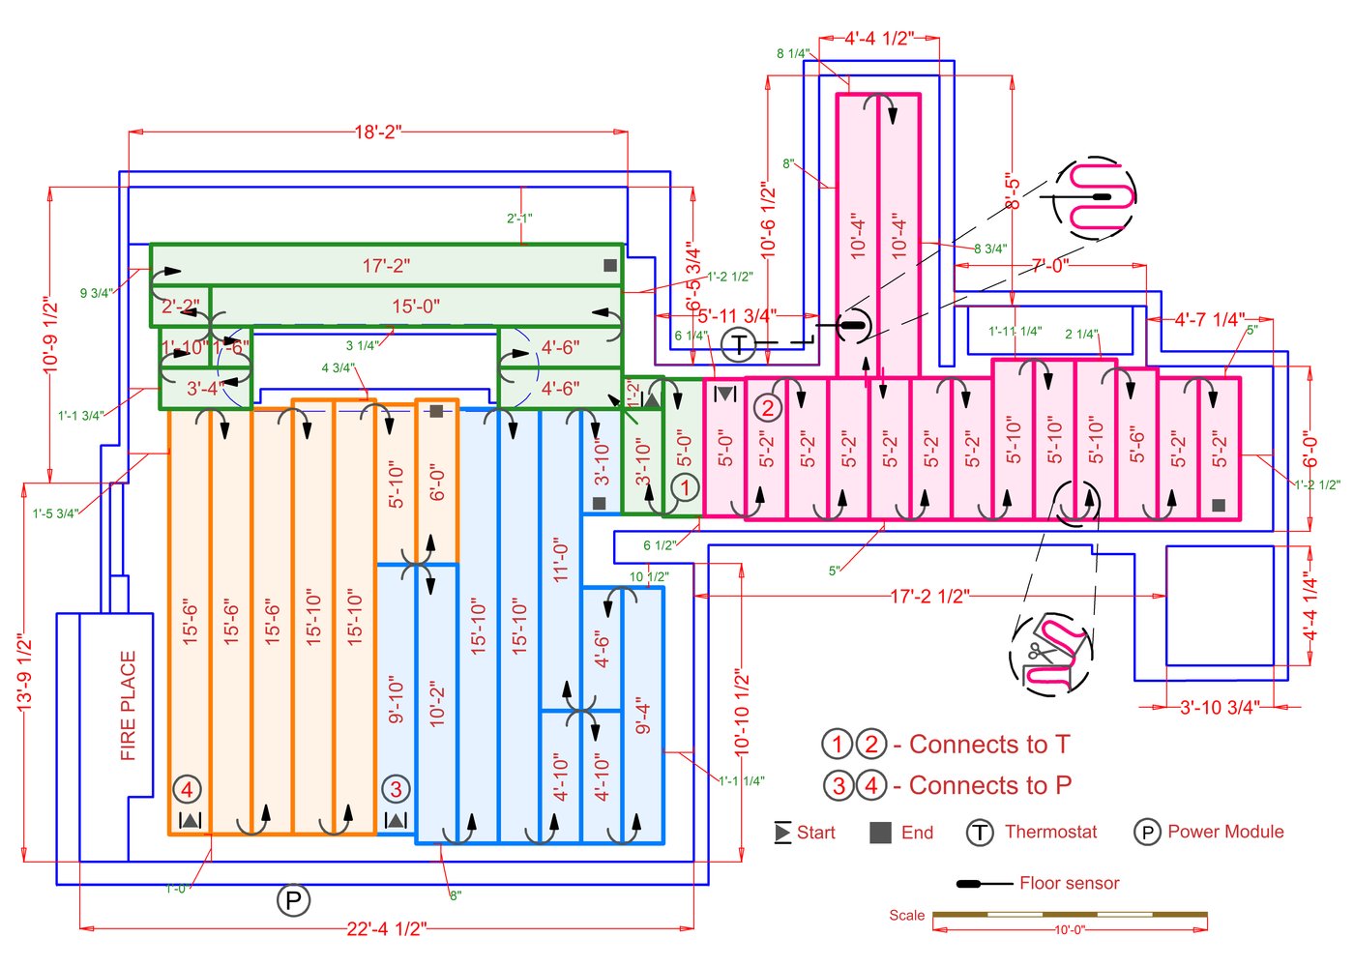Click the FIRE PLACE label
pos(129,706)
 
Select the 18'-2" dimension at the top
pos(377,132)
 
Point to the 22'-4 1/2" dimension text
pos(386,929)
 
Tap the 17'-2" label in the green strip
pos(386,266)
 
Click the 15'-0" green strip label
pos(416,307)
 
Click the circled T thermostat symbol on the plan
pos(739,343)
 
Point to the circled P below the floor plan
pos(293,901)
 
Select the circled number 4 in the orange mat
pos(188,790)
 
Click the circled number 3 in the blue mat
pos(396,789)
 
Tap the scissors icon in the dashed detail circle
pos(1039,653)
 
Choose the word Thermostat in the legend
pos(1050,832)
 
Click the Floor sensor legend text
pos(1069,883)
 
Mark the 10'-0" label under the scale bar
pos(1069,930)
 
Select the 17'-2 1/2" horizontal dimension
pos(929,597)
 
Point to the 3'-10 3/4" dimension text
pos(1219,708)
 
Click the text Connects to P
pos(990,785)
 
